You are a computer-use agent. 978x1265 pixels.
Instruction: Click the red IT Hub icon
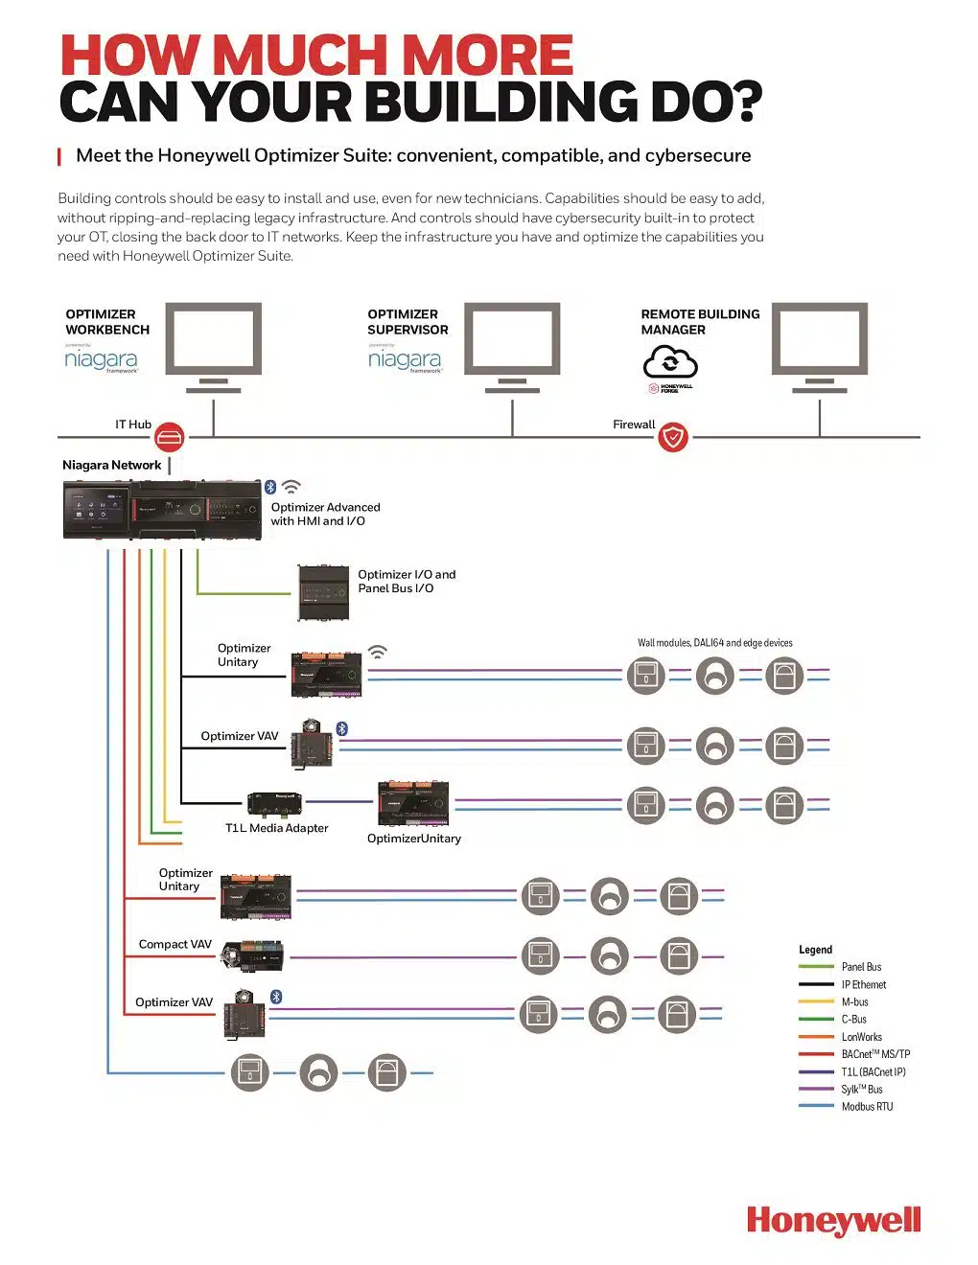coord(170,438)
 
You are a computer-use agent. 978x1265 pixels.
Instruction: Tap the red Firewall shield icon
coord(673,438)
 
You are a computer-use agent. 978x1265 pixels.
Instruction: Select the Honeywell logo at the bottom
coord(833,1221)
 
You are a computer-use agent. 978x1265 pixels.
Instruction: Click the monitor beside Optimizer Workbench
coord(213,341)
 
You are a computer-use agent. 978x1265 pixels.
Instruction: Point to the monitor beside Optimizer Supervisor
coord(512,341)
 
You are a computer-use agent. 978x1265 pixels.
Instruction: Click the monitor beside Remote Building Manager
coord(820,341)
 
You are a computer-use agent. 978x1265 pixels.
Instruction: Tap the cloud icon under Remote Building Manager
coord(670,363)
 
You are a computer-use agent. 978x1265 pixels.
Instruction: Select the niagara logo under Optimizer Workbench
coord(101,359)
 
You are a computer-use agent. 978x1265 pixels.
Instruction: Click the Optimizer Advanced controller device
coord(162,510)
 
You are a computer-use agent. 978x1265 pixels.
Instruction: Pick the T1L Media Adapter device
coord(274,803)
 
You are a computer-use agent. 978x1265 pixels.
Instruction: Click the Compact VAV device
coord(252,954)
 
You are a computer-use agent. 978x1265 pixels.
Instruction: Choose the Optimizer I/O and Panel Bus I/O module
coord(323,592)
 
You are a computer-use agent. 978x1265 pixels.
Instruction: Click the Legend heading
coord(815,950)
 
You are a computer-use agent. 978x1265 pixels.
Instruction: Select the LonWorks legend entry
coord(861,1037)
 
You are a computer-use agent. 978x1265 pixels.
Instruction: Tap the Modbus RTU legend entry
coord(867,1107)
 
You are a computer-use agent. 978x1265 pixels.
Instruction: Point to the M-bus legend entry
coord(854,1002)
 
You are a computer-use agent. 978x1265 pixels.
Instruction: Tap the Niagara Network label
coord(111,466)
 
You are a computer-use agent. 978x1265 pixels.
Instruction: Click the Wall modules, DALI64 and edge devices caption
coord(714,643)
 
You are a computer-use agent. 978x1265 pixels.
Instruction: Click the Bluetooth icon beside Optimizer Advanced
coord(270,487)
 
